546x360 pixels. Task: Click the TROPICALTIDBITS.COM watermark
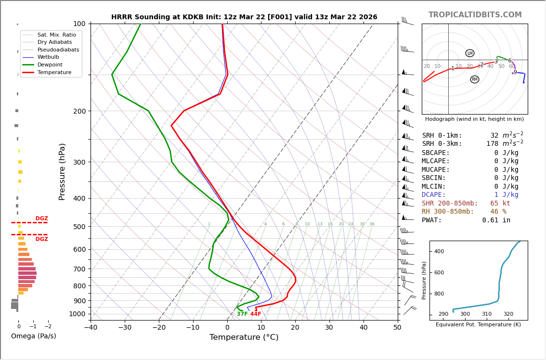475,15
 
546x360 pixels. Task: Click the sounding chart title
244,17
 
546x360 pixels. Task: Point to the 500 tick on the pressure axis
79,227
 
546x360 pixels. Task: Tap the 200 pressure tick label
79,111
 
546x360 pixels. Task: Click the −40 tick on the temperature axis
91,328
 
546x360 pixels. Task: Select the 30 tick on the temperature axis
329,328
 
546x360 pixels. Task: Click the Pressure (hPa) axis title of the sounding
62,171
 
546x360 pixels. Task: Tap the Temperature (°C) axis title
244,337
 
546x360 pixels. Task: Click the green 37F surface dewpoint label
242,314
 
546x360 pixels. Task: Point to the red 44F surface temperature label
255,314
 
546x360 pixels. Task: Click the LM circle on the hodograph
469,53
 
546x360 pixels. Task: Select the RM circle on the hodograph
474,79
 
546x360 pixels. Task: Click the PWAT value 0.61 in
496,220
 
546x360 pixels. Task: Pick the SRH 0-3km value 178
492,144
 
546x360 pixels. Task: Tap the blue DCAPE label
434,195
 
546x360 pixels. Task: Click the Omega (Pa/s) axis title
33,336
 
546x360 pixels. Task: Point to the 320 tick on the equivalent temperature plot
508,314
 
